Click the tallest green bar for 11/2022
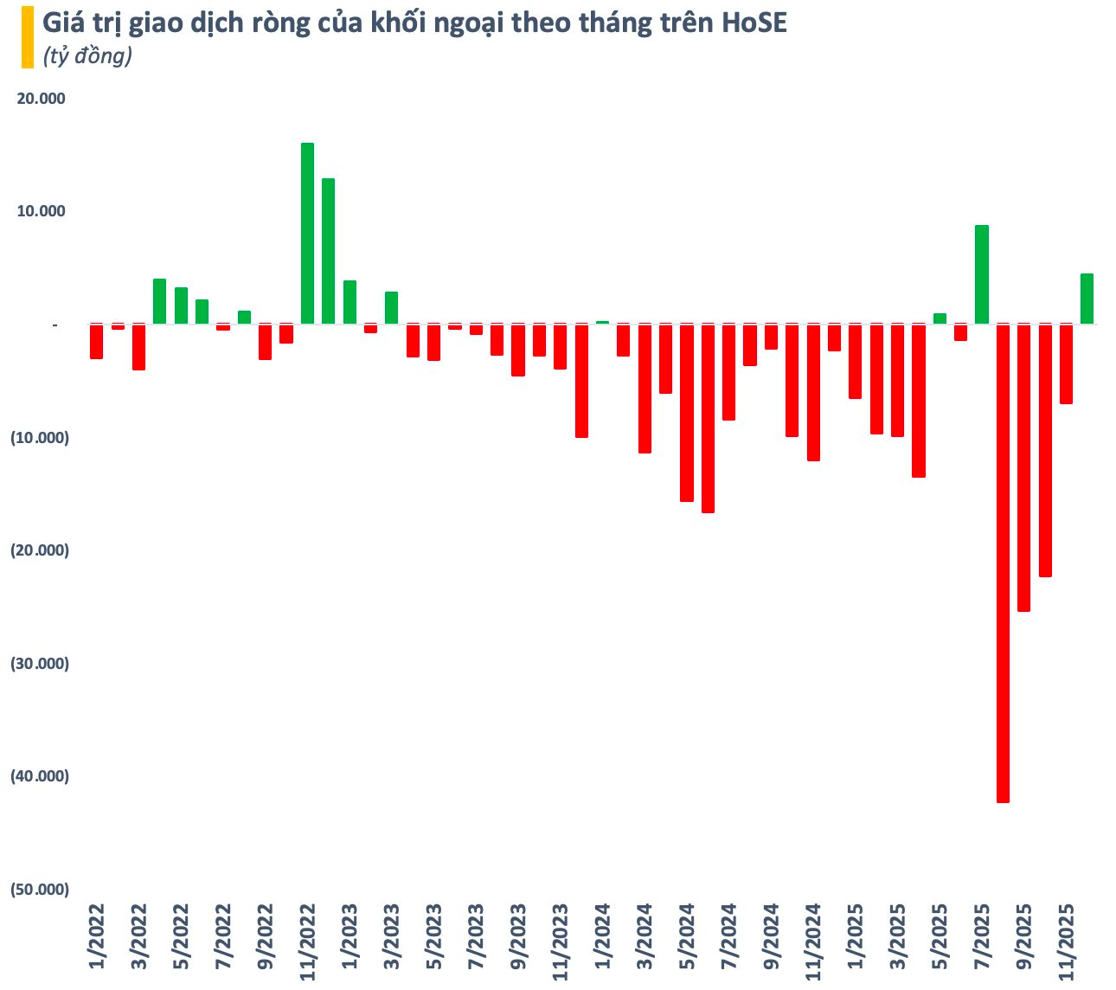click(x=307, y=234)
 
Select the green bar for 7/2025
click(x=982, y=275)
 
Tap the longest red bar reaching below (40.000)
click(x=1003, y=562)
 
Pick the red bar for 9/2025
click(x=1023, y=467)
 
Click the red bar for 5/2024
click(x=687, y=413)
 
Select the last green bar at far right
click(x=1087, y=299)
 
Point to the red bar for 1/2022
click(x=97, y=342)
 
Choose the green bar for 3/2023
click(x=392, y=308)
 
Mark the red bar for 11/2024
click(x=813, y=392)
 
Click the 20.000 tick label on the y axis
click(x=42, y=99)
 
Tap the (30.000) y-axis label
click(x=39, y=664)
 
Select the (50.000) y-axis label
click(x=39, y=890)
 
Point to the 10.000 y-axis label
click(x=42, y=211)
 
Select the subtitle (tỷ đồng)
click(x=87, y=56)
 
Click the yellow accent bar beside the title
click(x=28, y=37)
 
